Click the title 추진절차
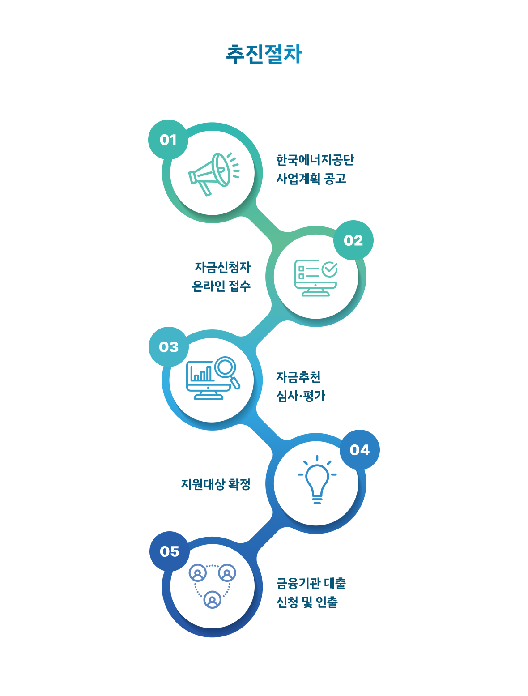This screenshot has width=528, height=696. [264, 55]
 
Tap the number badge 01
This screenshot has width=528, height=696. [168, 140]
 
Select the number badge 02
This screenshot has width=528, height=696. [353, 240]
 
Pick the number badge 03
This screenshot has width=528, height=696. [169, 347]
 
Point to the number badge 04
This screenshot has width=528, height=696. [360, 450]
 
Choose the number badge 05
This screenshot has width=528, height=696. [169, 551]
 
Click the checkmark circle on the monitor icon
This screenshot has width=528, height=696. [330, 269]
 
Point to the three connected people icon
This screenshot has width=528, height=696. [213, 585]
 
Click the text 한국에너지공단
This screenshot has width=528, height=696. [315, 160]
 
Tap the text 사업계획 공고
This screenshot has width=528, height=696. [311, 179]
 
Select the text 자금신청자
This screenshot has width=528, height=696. [222, 267]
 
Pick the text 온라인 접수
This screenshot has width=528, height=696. [221, 286]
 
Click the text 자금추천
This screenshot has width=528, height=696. [298, 377]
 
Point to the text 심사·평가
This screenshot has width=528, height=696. [301, 396]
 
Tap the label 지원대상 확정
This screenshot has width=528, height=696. [216, 484]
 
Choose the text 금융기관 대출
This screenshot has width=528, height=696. [311, 583]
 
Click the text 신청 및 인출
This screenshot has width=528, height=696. [307, 602]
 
